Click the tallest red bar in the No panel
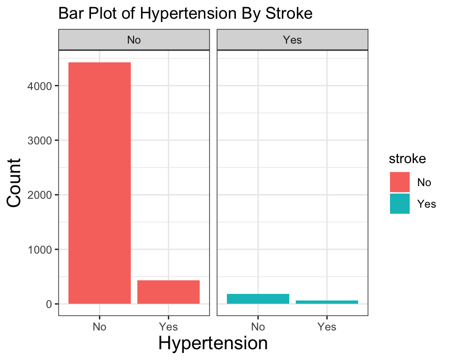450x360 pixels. pos(99,183)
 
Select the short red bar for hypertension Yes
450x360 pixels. pos(168,292)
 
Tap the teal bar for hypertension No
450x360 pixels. pos(258,299)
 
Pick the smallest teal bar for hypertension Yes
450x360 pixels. pos(327,302)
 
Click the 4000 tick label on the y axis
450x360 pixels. pos(39,86)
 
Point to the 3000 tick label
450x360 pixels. pos(39,141)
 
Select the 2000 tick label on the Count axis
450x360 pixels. pos(39,195)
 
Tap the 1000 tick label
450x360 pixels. pos(39,250)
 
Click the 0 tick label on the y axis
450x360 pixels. pos(49,304)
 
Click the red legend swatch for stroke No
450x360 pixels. pos(400,182)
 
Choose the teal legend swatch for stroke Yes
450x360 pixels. pos(400,203)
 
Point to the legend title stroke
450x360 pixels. pos(407,159)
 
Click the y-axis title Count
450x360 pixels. pos(14,183)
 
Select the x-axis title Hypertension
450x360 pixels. pos(213,344)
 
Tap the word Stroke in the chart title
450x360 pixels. pos(289,13)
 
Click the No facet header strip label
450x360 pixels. pos(134,40)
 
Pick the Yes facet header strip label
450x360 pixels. pos(292,40)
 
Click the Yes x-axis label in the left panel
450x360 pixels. pos(168,327)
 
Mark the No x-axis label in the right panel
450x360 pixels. pos(258,327)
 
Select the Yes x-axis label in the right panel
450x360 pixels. pos(327,327)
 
